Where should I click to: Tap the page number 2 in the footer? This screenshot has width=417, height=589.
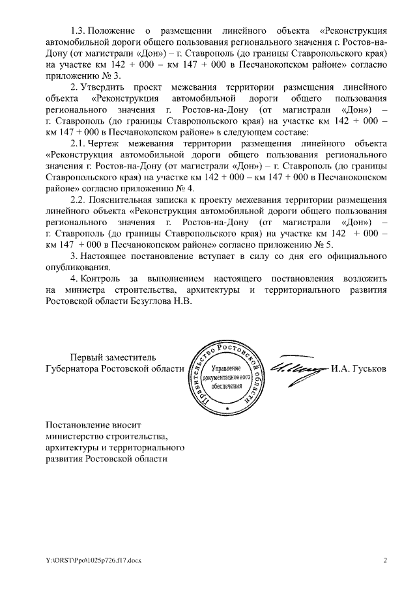[x=385, y=560]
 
